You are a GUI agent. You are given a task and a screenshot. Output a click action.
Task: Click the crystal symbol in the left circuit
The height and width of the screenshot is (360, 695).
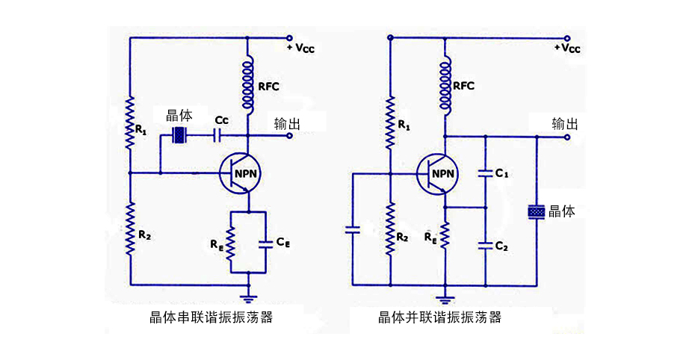point(179,135)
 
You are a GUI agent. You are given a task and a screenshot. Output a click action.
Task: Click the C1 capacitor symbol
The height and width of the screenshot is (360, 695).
point(485,173)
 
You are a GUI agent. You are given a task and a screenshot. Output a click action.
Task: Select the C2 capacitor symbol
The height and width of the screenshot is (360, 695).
point(485,245)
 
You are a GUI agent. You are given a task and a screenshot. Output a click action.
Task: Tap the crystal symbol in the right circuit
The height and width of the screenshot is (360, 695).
point(537,212)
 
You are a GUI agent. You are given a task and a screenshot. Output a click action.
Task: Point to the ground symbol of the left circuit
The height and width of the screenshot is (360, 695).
point(248,292)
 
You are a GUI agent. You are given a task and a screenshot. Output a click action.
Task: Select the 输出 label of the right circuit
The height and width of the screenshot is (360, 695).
point(565,124)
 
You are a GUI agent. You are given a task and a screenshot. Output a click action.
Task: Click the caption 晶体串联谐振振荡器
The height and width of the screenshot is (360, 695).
point(211,317)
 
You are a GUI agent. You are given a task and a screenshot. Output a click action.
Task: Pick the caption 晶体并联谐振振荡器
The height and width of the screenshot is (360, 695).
point(440,317)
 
